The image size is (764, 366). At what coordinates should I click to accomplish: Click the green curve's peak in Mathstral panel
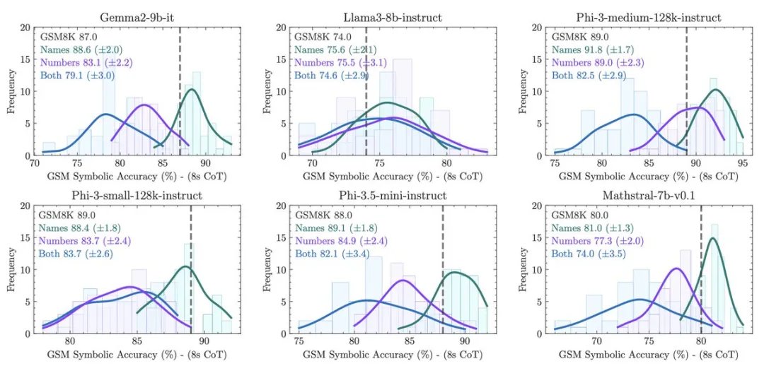712,238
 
